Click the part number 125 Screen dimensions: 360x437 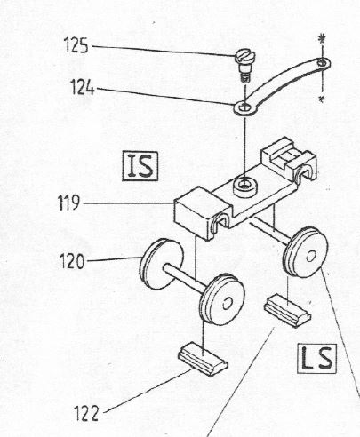pyautogui.click(x=76, y=45)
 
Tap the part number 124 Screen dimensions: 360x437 pyautogui.click(x=83, y=88)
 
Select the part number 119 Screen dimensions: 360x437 pyautogui.click(x=68, y=203)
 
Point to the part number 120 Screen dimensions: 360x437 pyautogui.click(x=72, y=261)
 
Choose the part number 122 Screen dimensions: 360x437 pyautogui.click(x=86, y=413)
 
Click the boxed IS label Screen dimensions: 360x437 pyautogui.click(x=140, y=166)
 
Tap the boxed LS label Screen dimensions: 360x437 pyautogui.click(x=316, y=358)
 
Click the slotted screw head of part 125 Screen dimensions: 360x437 pyautogui.click(x=245, y=56)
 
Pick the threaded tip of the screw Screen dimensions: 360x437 pyautogui.click(x=244, y=77)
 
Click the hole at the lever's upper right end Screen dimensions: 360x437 pyautogui.click(x=322, y=63)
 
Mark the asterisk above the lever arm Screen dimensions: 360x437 pyautogui.click(x=321, y=38)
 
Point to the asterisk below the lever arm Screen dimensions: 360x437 pyautogui.click(x=321, y=99)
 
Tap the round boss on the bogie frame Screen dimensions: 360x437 pyautogui.click(x=245, y=187)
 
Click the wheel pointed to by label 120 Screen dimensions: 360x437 pyautogui.click(x=162, y=264)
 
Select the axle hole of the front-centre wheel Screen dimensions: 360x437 pyautogui.click(x=228, y=303)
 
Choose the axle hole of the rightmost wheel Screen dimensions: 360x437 pyautogui.click(x=310, y=256)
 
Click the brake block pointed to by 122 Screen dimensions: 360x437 pyautogui.click(x=204, y=359)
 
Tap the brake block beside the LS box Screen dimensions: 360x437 pyautogui.click(x=287, y=310)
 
